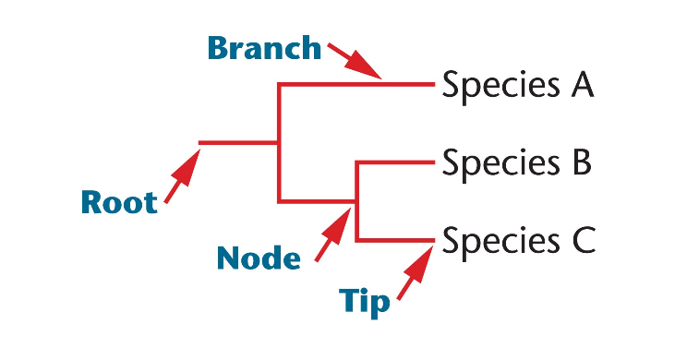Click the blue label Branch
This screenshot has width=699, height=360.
263,47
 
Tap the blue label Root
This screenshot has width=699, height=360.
118,201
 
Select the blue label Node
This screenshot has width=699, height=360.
259,258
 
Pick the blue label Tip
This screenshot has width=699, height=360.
364,302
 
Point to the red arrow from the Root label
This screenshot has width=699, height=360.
182,178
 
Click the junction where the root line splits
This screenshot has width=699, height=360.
279,143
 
